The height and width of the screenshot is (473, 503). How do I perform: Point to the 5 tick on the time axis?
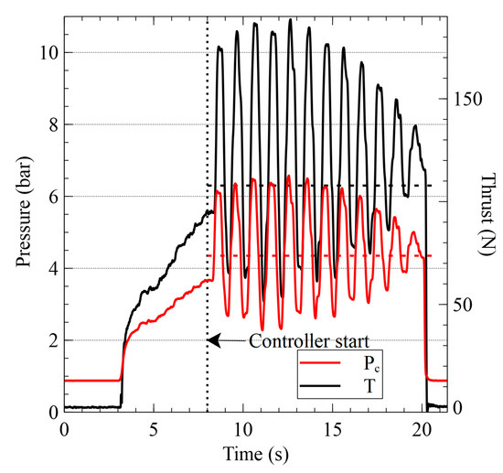pos(154,428)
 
